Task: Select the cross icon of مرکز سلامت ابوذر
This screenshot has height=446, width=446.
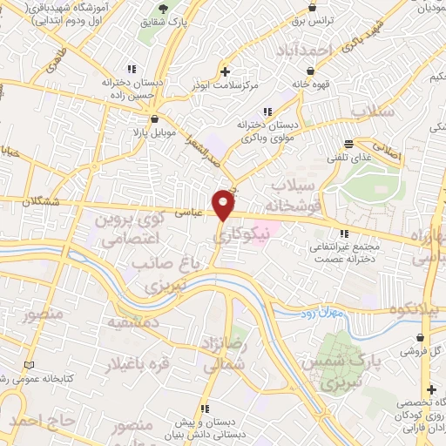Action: (x=225, y=71)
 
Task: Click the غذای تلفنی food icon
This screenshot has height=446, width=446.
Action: (x=349, y=144)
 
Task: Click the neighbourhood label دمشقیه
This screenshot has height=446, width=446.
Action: (x=125, y=322)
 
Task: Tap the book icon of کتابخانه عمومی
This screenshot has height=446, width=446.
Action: (x=32, y=363)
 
